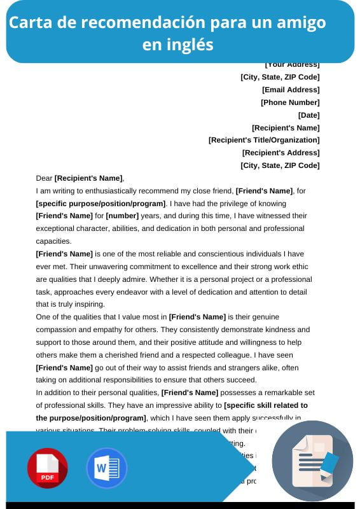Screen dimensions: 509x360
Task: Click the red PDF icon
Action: coord(47,468)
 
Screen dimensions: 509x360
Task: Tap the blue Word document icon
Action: coord(106,468)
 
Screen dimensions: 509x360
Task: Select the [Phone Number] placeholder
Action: coord(290,102)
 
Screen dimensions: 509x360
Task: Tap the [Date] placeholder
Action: coord(308,115)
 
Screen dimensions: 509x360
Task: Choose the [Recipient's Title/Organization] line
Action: coord(264,140)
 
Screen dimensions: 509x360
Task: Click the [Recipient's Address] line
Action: coord(280,153)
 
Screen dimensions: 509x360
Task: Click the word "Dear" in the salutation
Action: coord(44,178)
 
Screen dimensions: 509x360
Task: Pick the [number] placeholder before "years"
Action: coord(122,216)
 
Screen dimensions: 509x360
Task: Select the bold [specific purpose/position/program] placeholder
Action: coord(100,204)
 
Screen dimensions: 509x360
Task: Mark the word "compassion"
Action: coord(57,330)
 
